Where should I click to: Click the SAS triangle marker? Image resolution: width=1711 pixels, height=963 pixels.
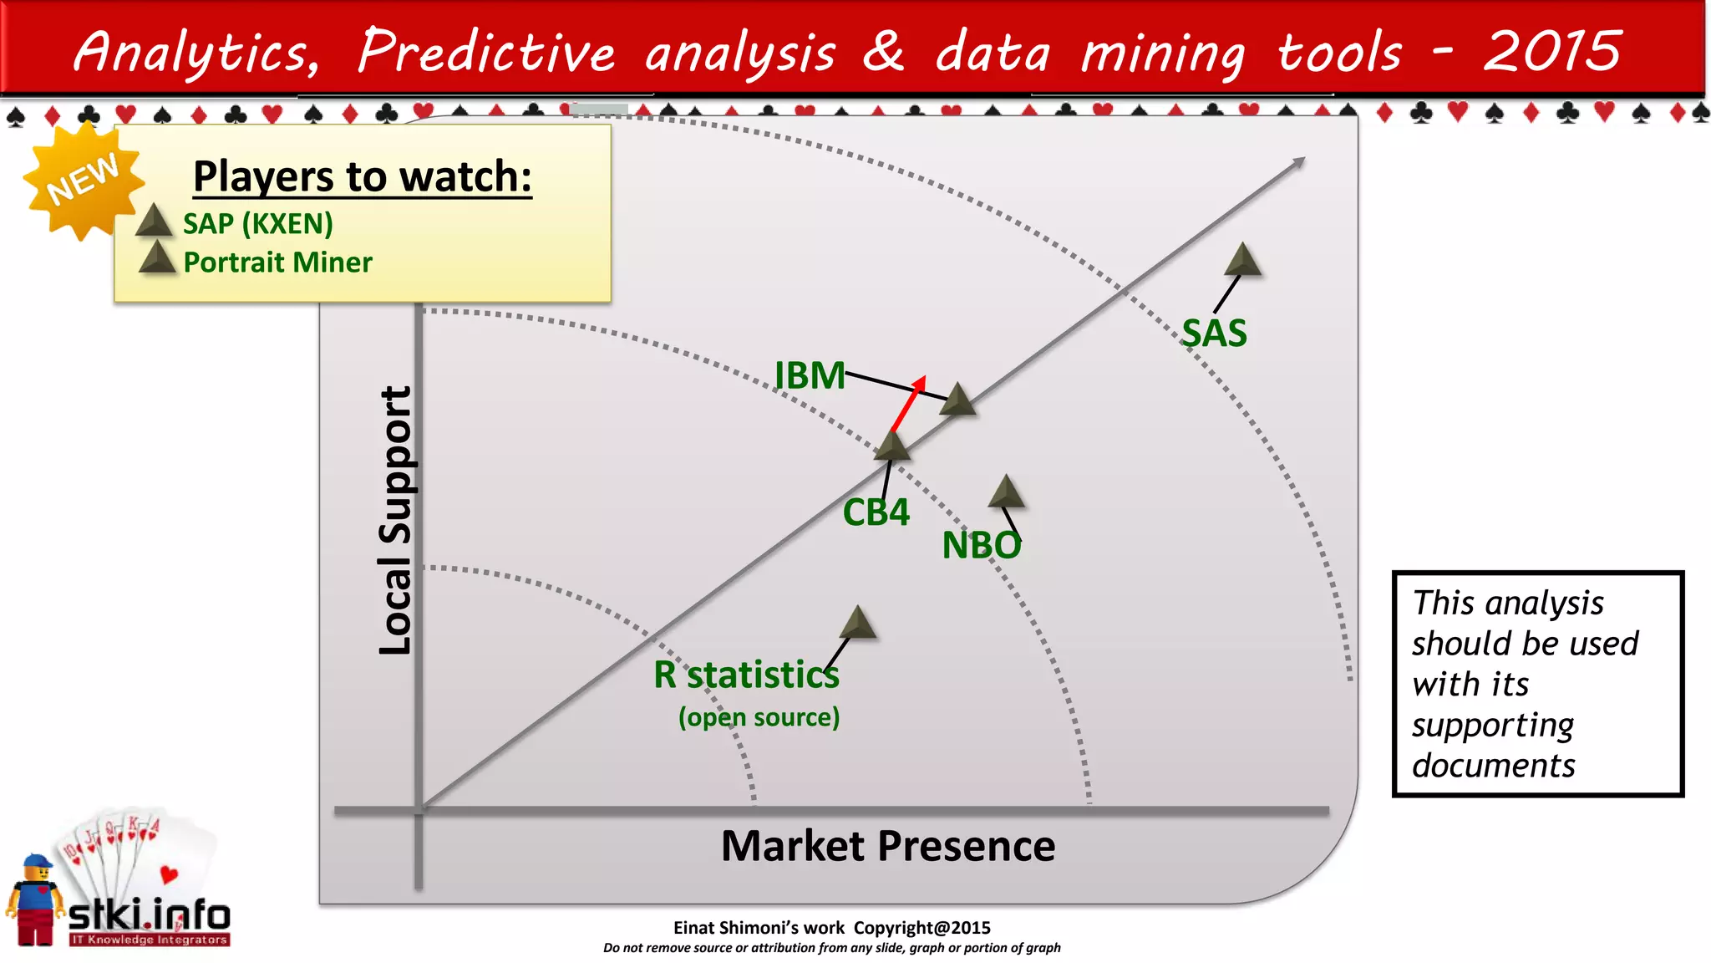point(1242,260)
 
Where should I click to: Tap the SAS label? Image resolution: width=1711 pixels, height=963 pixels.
point(1214,334)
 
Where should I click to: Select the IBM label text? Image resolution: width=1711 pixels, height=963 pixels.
point(809,375)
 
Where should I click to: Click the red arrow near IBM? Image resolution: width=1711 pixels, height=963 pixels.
point(908,402)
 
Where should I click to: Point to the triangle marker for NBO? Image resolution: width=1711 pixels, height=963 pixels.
point(1006,492)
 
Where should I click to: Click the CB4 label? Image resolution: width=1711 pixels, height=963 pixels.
point(876,512)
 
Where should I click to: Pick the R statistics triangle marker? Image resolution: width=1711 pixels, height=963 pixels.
point(857,624)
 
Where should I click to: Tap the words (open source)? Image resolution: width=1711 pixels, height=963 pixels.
point(759,717)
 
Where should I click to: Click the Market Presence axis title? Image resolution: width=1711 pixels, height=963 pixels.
point(887,846)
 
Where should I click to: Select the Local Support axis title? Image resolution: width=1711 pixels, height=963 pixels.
point(395,520)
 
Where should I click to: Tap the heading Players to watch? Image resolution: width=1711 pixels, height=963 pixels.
point(362,176)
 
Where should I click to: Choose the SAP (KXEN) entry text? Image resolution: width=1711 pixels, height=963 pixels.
point(257,224)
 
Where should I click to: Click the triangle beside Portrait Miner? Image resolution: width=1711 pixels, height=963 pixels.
point(156,258)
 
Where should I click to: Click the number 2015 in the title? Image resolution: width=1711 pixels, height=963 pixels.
point(1551,52)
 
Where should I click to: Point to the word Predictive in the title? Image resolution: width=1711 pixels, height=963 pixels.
point(487,52)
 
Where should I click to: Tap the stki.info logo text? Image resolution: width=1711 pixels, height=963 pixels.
point(149,915)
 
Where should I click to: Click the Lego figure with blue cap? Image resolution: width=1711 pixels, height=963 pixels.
point(36,899)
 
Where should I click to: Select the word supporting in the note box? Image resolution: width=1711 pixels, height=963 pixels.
point(1492,725)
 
